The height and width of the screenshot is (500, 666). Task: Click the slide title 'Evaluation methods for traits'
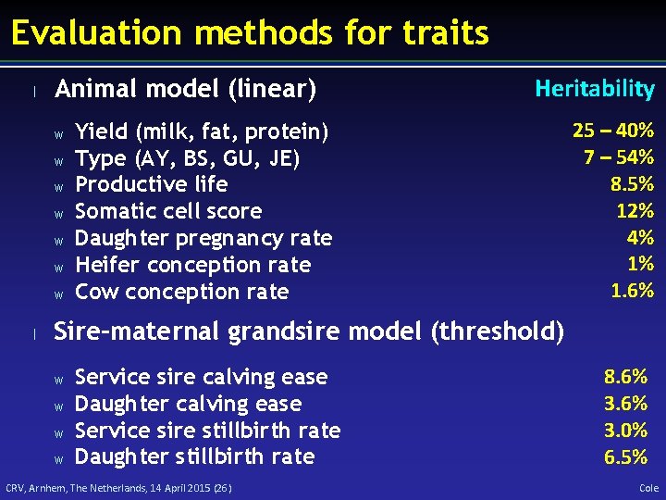coord(250,33)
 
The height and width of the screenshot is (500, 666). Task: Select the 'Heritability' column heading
coord(595,89)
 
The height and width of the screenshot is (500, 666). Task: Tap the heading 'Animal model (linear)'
coord(186,90)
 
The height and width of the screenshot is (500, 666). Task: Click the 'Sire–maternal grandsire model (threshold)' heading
coord(309,331)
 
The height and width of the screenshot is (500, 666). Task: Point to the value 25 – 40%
coord(613,130)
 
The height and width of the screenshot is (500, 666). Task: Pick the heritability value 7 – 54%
coord(619,156)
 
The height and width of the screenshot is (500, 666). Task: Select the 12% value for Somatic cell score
coord(635,210)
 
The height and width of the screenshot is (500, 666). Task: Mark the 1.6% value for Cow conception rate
coord(632,291)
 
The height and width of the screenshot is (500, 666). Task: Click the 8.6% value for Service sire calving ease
coord(625,377)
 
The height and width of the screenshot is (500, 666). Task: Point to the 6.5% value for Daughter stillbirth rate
coord(625,457)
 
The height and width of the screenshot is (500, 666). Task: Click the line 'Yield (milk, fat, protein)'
coord(202,131)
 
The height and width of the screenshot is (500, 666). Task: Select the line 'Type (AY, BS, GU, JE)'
coord(187,158)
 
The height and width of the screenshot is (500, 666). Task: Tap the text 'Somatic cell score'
coord(168,211)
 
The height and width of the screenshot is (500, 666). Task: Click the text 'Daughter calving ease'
coord(188,404)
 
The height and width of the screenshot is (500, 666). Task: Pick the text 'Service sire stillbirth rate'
coord(207,431)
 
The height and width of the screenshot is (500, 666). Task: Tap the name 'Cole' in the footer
coord(648,488)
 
